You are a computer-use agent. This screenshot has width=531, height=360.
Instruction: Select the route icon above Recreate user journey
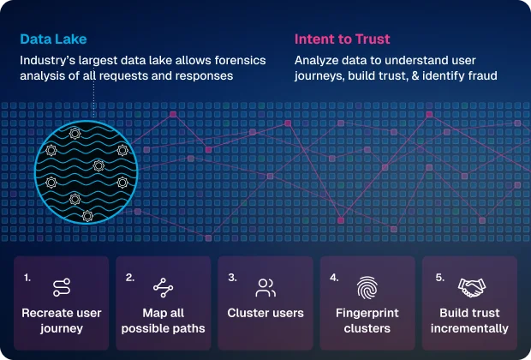click(60, 288)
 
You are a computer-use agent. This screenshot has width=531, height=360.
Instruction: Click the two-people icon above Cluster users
click(265, 288)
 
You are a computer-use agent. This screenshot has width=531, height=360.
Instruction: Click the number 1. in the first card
click(27, 277)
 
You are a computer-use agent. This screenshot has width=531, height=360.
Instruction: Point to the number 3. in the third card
click(232, 277)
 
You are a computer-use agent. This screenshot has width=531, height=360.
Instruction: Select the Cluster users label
click(265, 313)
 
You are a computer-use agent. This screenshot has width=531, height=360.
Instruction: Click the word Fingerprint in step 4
click(367, 313)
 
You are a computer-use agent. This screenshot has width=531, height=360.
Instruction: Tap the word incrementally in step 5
click(469, 328)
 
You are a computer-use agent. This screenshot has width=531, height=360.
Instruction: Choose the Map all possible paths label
click(163, 321)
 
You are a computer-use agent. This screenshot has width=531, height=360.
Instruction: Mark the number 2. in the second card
click(130, 277)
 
